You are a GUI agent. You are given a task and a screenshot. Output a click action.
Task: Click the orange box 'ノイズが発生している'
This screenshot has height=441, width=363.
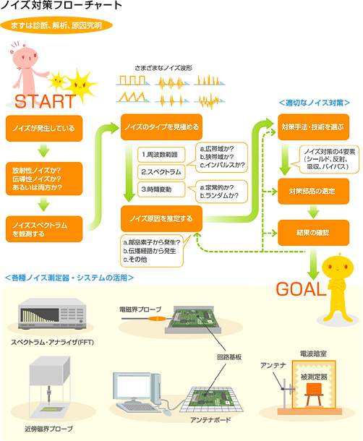(44, 128)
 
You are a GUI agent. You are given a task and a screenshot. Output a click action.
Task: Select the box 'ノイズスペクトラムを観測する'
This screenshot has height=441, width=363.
(44, 229)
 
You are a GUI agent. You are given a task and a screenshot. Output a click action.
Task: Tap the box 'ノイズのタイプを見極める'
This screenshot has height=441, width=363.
(161, 127)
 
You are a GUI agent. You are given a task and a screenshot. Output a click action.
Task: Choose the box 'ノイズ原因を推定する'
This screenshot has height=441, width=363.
(161, 218)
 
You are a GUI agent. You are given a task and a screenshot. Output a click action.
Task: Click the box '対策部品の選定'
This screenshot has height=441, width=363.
(314, 192)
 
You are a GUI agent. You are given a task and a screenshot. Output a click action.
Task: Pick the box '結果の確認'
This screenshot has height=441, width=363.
(314, 233)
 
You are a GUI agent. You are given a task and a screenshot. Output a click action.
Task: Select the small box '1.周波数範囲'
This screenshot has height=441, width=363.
(161, 155)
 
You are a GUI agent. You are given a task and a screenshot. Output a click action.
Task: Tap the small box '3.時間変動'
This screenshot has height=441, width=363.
(161, 189)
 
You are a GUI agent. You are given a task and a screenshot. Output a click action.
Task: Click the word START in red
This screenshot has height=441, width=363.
(45, 101)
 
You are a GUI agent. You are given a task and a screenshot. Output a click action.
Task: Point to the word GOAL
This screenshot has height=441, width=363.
(301, 289)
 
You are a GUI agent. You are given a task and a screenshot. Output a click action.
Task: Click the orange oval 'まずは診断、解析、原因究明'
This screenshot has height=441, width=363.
(56, 25)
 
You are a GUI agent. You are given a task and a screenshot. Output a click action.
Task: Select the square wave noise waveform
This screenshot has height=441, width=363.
(132, 80)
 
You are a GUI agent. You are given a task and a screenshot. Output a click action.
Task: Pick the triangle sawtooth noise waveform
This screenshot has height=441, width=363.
(132, 97)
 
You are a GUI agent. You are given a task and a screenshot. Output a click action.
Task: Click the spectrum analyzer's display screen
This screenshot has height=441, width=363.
(40, 315)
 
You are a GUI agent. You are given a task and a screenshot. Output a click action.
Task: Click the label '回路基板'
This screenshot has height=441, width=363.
(229, 357)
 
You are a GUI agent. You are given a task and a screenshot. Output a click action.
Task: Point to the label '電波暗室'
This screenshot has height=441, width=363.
(313, 354)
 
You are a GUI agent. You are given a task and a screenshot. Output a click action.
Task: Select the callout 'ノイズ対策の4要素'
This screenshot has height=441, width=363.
(329, 159)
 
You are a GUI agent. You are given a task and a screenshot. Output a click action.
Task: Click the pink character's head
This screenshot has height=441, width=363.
(25, 57)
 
